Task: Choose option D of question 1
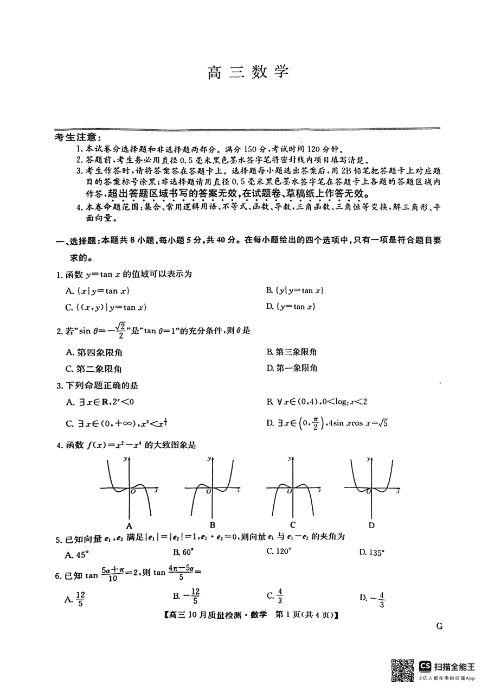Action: [x=291, y=307]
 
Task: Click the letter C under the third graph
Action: [x=292, y=525]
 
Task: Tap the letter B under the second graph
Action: [x=212, y=525]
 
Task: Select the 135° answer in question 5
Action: [x=372, y=553]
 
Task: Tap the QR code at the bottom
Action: [x=403, y=670]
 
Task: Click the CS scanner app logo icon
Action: [x=425, y=666]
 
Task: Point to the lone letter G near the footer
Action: [x=439, y=625]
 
